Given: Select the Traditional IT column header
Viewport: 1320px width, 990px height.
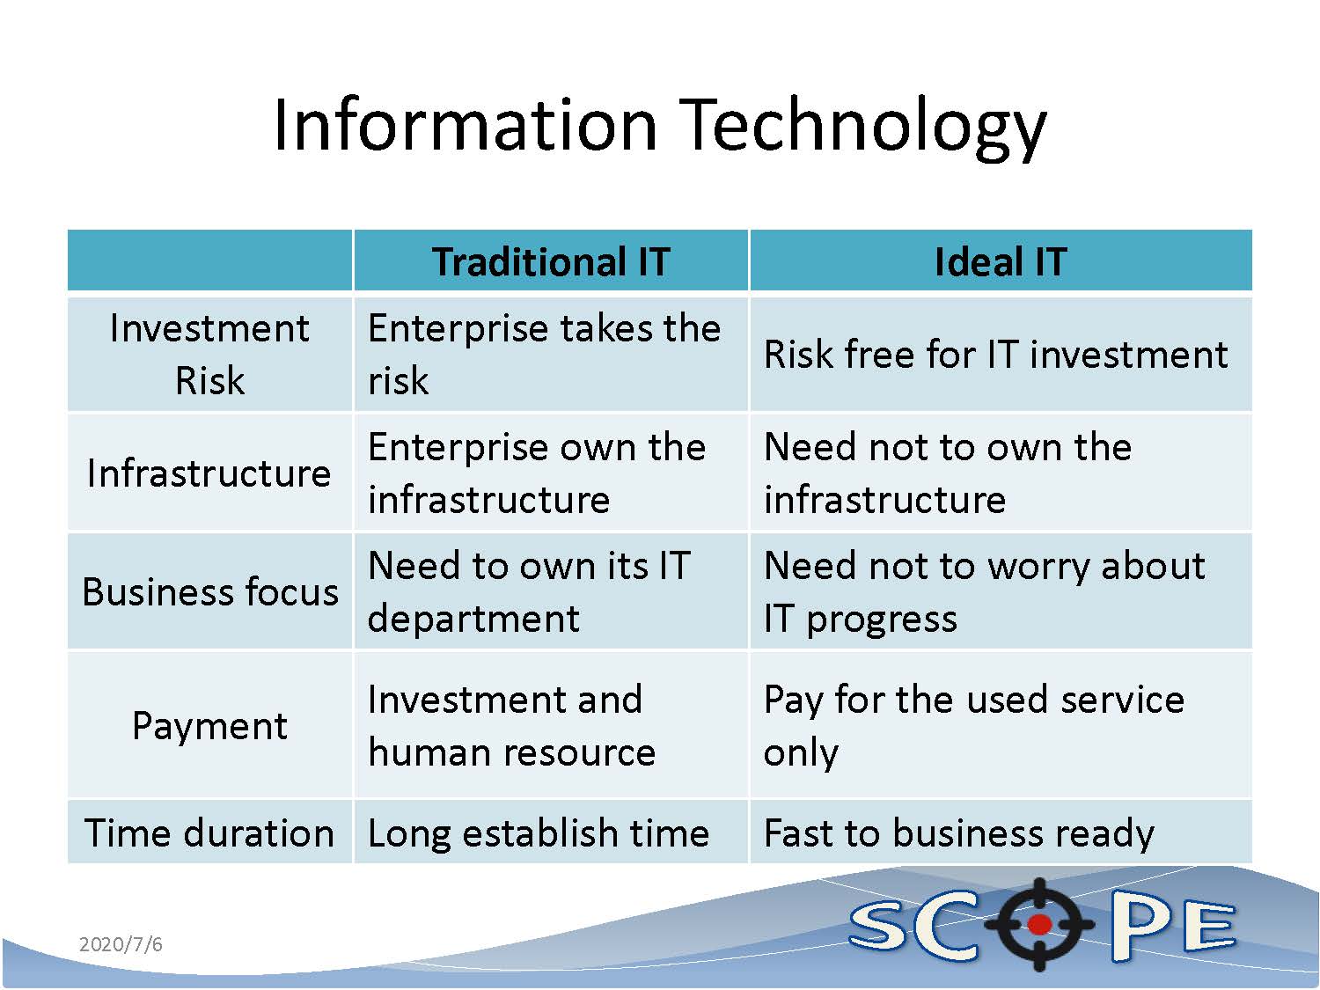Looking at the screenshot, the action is (551, 262).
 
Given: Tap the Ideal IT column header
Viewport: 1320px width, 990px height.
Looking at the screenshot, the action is (1001, 262).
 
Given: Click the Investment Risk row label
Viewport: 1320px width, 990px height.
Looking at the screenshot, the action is (209, 355).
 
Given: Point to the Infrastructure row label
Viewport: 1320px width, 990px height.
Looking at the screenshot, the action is (209, 473).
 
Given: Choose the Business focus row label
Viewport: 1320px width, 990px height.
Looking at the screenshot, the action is (209, 592).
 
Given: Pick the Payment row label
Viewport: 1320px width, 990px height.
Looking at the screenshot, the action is (209, 725).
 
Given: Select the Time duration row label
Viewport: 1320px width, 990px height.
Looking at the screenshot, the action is (209, 833).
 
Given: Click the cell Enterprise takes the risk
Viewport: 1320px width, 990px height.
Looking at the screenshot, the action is (544, 355).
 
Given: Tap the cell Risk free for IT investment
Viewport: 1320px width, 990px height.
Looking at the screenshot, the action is (996, 354).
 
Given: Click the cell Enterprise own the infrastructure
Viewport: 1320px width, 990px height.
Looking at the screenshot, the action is (537, 473).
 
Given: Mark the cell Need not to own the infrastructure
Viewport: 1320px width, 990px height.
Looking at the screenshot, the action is (948, 473).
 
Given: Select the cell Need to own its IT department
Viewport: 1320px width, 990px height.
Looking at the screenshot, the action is (529, 592).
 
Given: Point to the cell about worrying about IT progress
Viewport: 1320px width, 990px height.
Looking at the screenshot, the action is (985, 592).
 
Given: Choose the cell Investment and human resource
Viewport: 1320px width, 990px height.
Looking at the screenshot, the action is (512, 725).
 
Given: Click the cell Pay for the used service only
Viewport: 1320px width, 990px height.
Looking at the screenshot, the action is (974, 725).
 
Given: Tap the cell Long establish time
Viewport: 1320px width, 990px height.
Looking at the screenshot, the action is (539, 833).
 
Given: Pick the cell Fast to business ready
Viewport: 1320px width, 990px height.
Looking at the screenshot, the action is (959, 833).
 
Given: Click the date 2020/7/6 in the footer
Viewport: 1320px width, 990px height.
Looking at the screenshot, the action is (121, 944).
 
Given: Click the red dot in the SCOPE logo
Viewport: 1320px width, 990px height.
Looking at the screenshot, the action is (1039, 924).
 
